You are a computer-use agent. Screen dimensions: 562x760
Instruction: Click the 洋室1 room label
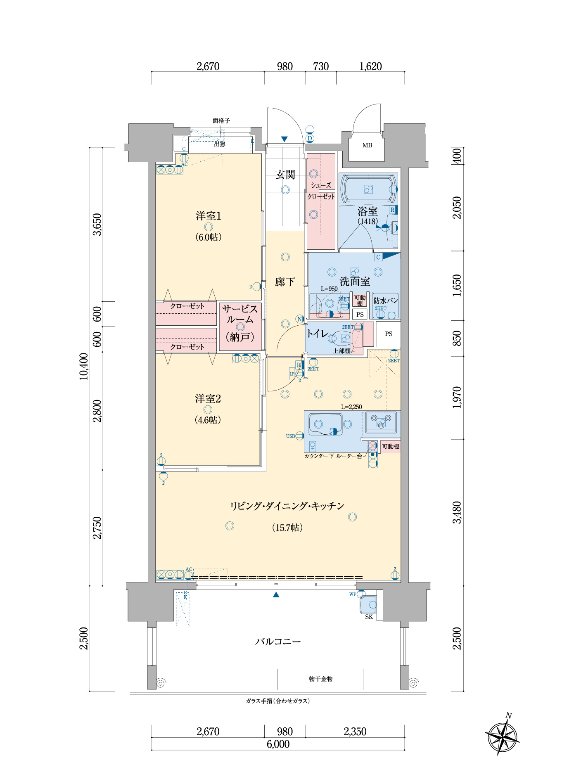[208, 216]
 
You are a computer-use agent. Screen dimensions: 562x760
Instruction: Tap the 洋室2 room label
[208, 399]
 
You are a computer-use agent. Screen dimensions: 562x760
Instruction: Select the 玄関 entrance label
[285, 175]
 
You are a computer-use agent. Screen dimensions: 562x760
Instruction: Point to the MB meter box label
[367, 145]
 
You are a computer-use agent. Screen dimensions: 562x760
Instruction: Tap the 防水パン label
[386, 301]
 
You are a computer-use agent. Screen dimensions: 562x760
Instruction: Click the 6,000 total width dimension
[278, 744]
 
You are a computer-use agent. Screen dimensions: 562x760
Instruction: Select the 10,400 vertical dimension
[84, 366]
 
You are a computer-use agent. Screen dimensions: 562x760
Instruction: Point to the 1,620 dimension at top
[370, 66]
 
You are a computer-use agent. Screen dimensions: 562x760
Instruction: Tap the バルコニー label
[278, 642]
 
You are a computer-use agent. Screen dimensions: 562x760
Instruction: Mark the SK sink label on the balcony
[369, 617]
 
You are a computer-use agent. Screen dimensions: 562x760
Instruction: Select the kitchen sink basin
[325, 424]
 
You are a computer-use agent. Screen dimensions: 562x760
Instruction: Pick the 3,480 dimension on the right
[457, 512]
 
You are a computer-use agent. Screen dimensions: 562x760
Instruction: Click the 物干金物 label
[321, 679]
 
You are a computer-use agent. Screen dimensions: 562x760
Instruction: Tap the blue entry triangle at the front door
[284, 139]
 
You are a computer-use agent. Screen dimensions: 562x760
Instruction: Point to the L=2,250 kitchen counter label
[351, 407]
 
